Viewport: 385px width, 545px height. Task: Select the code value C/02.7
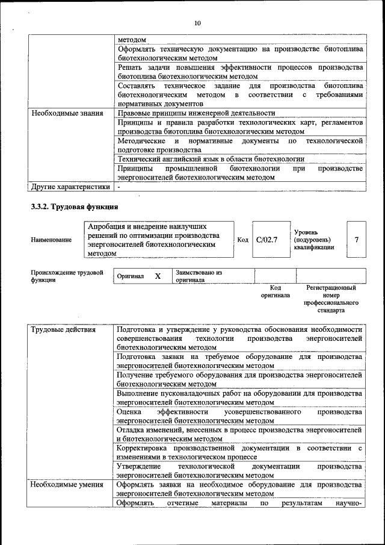266,240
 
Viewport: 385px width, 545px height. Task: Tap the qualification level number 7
357,240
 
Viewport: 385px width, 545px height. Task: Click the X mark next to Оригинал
158,276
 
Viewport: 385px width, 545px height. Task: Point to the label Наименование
51,240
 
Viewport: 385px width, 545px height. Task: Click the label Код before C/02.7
242,240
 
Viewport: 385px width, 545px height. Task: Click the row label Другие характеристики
70,187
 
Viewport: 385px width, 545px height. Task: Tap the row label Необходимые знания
67,113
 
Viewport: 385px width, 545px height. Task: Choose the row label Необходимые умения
66,484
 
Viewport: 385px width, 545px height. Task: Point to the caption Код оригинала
275,291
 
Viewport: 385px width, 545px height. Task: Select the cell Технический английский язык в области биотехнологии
211,159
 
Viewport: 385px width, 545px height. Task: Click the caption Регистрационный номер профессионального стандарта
331,299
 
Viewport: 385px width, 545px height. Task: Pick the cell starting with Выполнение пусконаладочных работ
240,397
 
